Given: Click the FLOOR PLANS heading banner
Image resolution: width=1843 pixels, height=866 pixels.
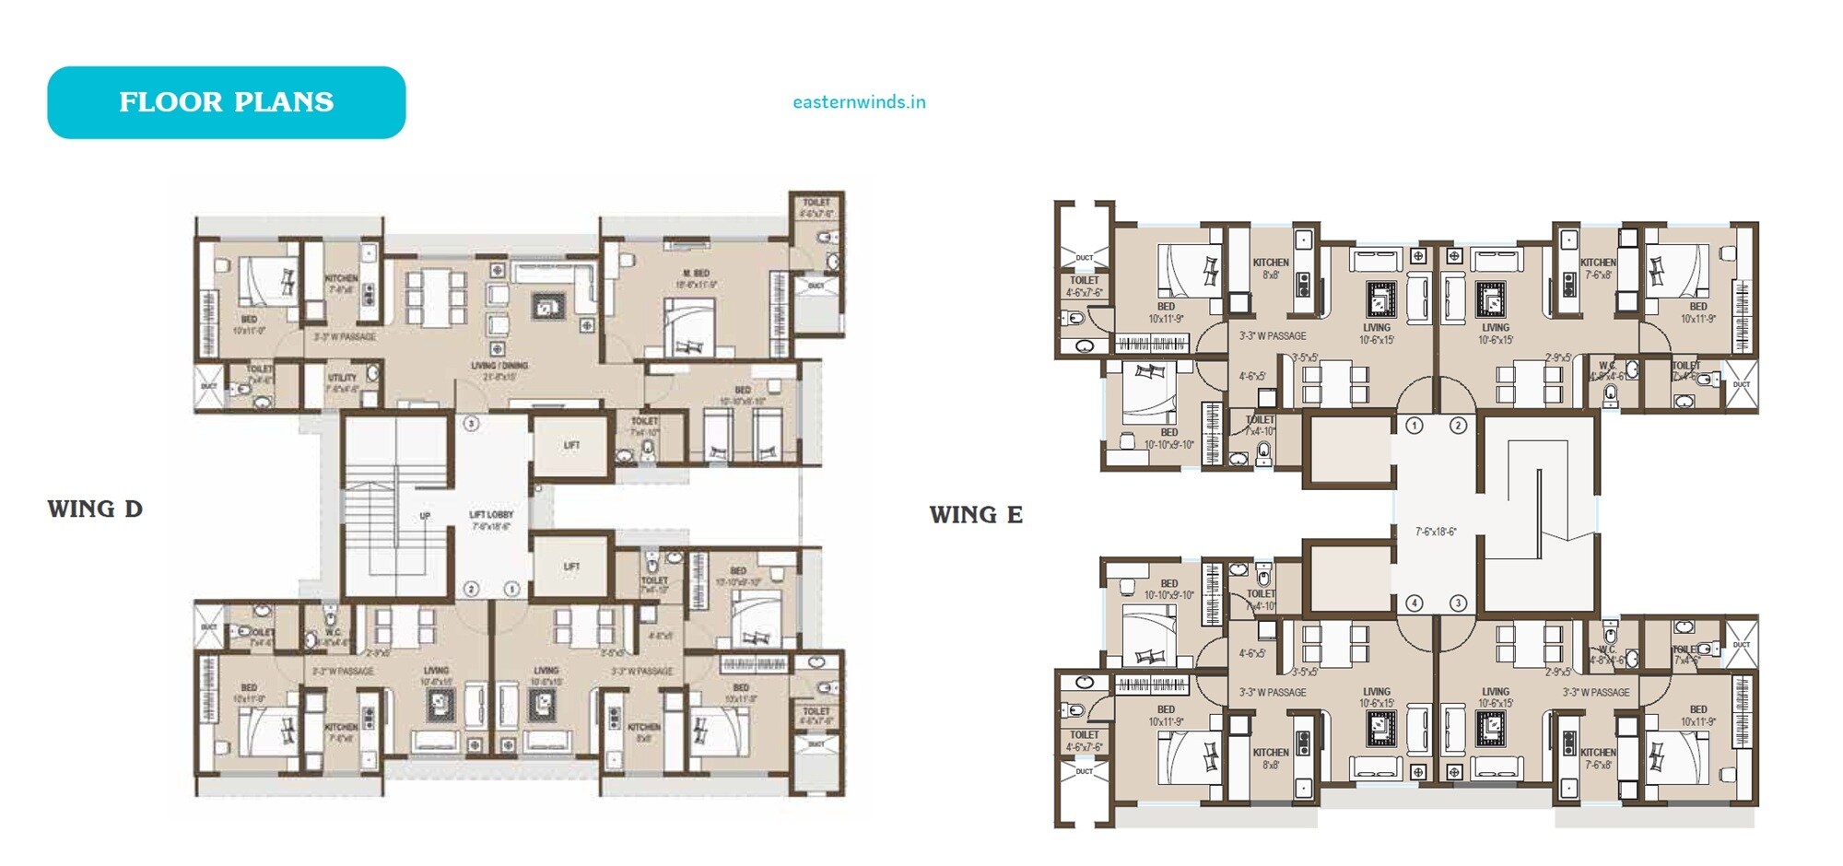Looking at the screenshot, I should click(226, 102).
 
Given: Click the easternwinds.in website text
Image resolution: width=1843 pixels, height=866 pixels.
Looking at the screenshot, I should click(859, 102).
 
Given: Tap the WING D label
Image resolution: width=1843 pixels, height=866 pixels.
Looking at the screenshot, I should click(95, 509).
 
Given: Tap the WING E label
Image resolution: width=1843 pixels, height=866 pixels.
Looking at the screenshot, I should click(976, 515).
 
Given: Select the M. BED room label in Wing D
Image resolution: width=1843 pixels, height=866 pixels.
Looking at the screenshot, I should click(696, 275).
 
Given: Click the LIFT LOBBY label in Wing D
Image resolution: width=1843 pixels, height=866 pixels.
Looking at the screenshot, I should click(491, 515).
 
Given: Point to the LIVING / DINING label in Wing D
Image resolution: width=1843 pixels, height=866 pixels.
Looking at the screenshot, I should click(499, 366).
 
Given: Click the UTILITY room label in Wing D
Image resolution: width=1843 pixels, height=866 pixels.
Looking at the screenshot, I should click(342, 378).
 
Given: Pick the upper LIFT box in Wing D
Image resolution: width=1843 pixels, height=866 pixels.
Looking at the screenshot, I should click(571, 445).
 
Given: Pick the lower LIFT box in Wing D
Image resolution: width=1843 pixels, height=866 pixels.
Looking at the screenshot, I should click(571, 567).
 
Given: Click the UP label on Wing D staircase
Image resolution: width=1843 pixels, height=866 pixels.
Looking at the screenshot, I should click(425, 516).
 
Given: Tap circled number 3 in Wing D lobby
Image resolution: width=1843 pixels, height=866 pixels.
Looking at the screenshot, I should click(471, 424).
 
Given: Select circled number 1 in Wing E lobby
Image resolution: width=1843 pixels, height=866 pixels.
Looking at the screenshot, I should click(1415, 426).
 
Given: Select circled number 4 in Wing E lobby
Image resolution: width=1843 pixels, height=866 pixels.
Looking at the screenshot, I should click(1415, 603).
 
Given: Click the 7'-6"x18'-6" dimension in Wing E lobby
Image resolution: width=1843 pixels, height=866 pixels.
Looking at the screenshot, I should click(1436, 532).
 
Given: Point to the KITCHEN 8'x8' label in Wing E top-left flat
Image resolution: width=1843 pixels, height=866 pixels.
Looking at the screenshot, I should click(1271, 263).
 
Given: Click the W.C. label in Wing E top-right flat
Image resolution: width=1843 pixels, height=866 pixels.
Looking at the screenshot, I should click(1607, 366).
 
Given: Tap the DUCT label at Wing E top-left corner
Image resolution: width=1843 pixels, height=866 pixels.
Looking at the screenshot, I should click(1085, 258).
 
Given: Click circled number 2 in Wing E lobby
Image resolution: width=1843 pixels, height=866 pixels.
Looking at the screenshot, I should click(1458, 426).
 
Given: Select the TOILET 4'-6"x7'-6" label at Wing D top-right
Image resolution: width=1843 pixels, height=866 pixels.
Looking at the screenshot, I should click(816, 203).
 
